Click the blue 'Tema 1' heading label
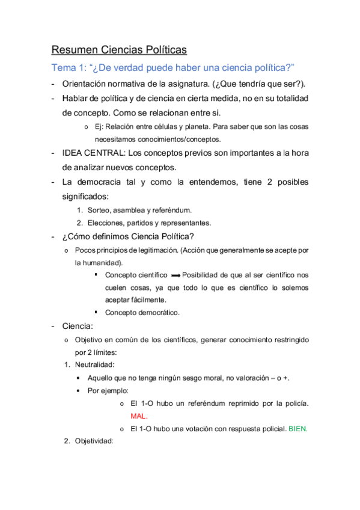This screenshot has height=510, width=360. (x=68, y=67)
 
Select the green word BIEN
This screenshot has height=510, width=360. (x=299, y=429)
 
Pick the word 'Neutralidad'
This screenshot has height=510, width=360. (x=94, y=364)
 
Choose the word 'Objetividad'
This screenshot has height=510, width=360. (x=94, y=441)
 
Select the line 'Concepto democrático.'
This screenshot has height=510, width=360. (x=142, y=312)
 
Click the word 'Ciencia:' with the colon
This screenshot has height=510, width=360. (x=78, y=327)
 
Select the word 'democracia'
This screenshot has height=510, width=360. (x=102, y=182)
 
